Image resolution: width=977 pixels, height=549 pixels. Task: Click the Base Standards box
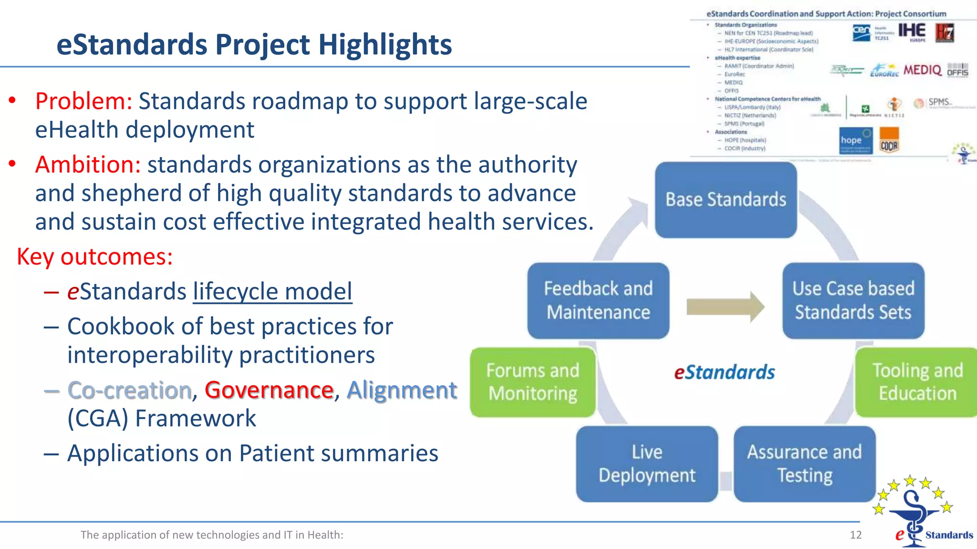[726, 200]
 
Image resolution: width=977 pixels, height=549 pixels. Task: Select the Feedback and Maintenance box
[598, 301]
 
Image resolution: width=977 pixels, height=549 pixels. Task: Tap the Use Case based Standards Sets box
[853, 301]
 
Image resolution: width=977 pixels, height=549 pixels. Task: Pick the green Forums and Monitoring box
[533, 382]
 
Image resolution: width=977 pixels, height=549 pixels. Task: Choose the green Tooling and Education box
[917, 382]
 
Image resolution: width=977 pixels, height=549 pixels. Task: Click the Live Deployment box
[647, 464]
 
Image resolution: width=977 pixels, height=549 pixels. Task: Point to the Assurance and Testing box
[804, 464]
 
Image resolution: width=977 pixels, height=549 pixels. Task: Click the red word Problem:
[83, 102]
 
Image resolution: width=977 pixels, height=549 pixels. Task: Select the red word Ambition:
[88, 165]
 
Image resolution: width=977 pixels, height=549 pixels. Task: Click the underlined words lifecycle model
[272, 292]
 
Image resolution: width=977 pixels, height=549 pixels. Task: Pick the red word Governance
[269, 390]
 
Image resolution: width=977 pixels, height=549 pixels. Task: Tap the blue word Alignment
[402, 390]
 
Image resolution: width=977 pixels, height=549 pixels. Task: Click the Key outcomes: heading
[94, 257]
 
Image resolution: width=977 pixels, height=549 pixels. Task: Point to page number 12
[855, 535]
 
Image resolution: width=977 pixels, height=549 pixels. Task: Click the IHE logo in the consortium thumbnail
[912, 31]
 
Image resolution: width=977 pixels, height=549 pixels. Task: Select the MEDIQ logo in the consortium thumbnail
[922, 71]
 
